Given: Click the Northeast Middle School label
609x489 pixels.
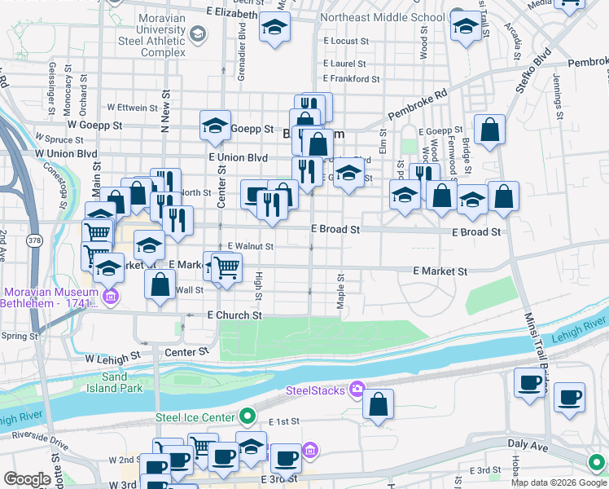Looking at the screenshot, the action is (383, 16).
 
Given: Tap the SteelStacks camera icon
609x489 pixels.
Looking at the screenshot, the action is (355, 390).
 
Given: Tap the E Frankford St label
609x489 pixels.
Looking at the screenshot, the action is (352, 79).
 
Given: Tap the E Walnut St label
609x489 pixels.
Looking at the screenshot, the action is (250, 245).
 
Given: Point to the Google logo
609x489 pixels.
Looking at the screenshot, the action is (28, 479).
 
